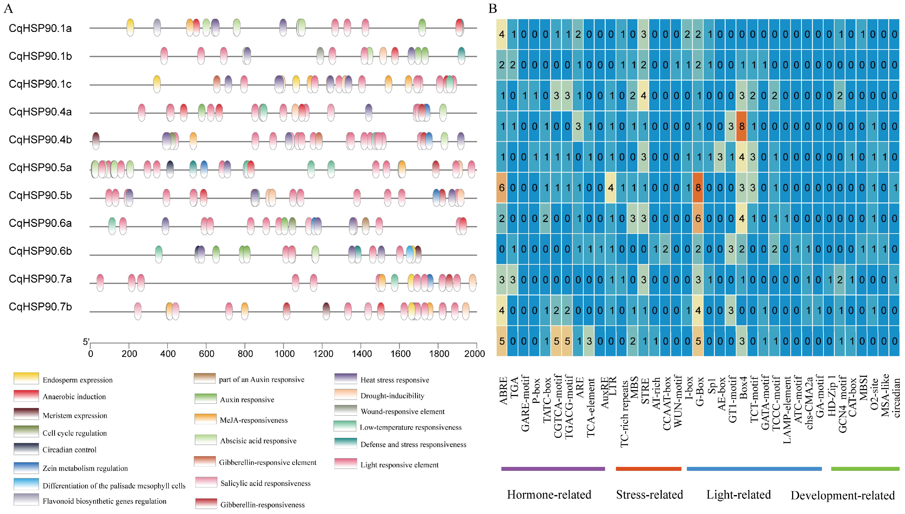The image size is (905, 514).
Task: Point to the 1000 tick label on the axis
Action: (284, 353)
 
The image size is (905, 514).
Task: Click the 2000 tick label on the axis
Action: (474, 353)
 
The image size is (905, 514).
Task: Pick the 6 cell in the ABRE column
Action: (501, 187)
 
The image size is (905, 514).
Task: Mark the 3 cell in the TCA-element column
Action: (589, 341)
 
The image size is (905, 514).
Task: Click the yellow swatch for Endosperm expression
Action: (26, 378)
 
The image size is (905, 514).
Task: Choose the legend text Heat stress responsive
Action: (394, 380)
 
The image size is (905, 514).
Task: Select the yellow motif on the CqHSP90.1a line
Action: (130, 27)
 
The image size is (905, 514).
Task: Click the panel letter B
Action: (493, 9)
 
